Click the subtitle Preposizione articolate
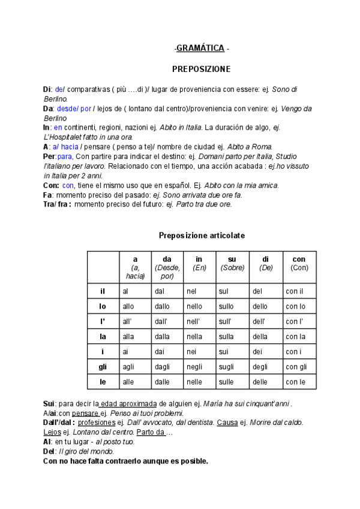point(201,235)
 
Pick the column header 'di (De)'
point(266,264)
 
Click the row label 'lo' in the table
point(103,306)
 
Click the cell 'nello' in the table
point(194,306)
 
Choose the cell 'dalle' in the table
point(163,382)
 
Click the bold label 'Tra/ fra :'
point(58,204)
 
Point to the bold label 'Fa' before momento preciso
point(48,195)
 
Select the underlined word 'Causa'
point(227,423)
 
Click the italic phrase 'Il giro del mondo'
point(86,451)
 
